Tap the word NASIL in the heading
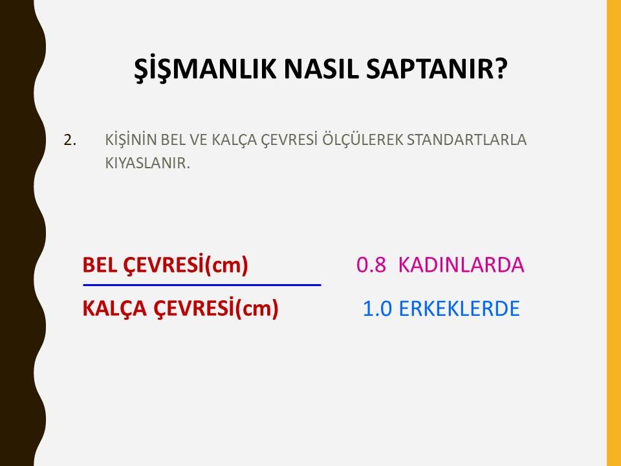pos(321,68)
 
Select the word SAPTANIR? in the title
pos(437,68)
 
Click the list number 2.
pos(70,140)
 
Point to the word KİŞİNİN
pos(131,140)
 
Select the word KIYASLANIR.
pos(147,163)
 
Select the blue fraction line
pos(202,285)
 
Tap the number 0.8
pos(371,265)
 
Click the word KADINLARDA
pos(461,265)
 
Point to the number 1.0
pos(377,309)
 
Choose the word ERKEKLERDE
pos(459,309)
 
